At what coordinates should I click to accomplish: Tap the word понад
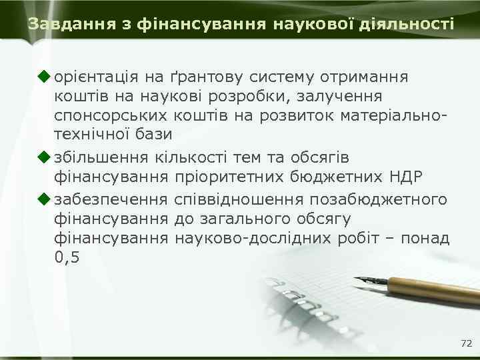coord(427,237)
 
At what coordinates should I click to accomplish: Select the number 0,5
coord(67,257)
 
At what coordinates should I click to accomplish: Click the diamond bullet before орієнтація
coord(45,77)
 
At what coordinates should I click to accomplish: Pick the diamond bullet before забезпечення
coord(45,199)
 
